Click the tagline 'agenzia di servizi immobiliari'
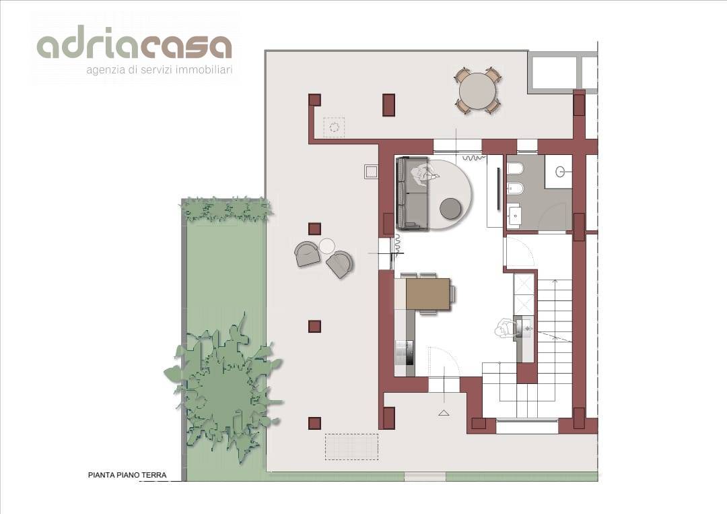coord(160,70)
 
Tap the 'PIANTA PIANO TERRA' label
coord(127,475)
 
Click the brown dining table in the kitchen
coord(428,294)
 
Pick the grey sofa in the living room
coord(412,193)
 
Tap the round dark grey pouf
coord(450,208)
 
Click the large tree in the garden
coord(223,387)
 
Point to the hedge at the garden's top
coord(226,209)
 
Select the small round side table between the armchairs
coord(326,245)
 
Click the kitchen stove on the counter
coord(405,352)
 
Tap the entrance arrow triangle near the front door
coord(444,412)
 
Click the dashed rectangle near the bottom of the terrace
coord(351,447)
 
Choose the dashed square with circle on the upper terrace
coord(334,127)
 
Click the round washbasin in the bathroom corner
coord(561,172)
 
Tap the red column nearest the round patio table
coord(388,105)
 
